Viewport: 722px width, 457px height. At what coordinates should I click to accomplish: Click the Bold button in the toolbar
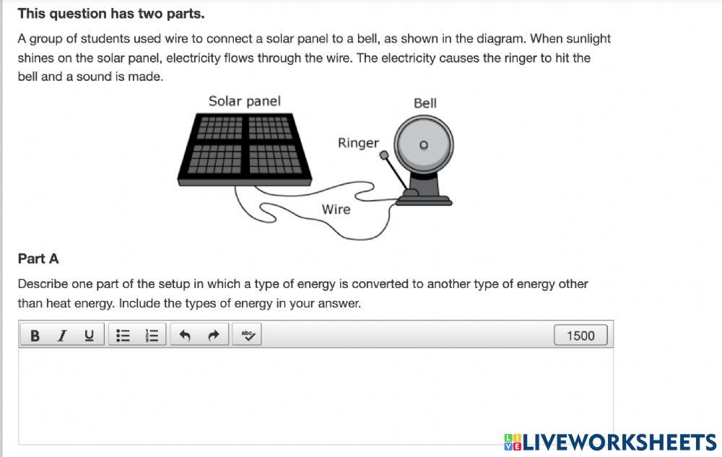pyautogui.click(x=34, y=335)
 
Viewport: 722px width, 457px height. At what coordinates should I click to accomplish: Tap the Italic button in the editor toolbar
pyautogui.click(x=62, y=335)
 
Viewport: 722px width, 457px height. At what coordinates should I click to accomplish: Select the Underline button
pyautogui.click(x=90, y=335)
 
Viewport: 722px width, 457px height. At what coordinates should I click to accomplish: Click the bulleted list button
pyautogui.click(x=123, y=335)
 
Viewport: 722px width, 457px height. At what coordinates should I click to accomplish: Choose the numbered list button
pyautogui.click(x=152, y=335)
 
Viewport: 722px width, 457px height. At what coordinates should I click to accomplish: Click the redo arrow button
pyautogui.click(x=213, y=335)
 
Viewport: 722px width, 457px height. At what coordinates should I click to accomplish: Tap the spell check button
pyautogui.click(x=248, y=335)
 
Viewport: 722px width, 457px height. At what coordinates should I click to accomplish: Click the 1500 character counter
pyautogui.click(x=580, y=335)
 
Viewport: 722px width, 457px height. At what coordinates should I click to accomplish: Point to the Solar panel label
pyautogui.click(x=244, y=101)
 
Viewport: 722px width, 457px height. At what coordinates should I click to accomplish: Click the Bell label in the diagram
pyautogui.click(x=425, y=103)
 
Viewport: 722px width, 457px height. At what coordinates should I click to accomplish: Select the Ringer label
pyautogui.click(x=358, y=143)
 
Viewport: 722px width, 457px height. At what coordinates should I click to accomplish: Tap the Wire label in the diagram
pyautogui.click(x=336, y=209)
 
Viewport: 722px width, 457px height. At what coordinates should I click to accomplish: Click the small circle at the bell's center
pyautogui.click(x=424, y=144)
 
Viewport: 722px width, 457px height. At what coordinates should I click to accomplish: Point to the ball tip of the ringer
pyautogui.click(x=384, y=154)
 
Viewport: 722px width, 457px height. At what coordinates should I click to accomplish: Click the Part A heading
pyautogui.click(x=38, y=258)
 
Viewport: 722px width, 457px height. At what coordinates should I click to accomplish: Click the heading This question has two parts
pyautogui.click(x=111, y=14)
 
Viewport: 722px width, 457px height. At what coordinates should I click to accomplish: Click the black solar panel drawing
pyautogui.click(x=245, y=147)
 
